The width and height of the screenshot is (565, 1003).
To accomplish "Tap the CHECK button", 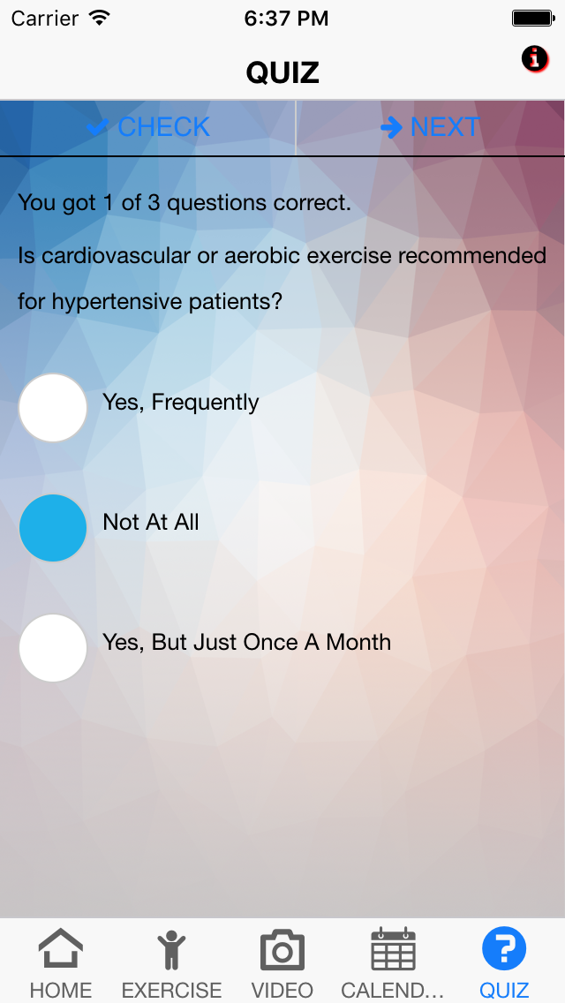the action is pyautogui.click(x=147, y=127).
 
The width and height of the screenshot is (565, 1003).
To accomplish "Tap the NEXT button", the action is pyautogui.click(x=430, y=127).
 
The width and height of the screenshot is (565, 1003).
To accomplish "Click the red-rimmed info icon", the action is pyautogui.click(x=535, y=59).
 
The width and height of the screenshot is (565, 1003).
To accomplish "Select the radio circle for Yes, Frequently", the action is pyautogui.click(x=52, y=408).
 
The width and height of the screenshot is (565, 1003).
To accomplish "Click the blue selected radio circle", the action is pyautogui.click(x=52, y=528).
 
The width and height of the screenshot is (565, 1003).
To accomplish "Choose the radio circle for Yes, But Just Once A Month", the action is pyautogui.click(x=52, y=647).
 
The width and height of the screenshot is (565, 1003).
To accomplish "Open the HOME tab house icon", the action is pyautogui.click(x=61, y=948).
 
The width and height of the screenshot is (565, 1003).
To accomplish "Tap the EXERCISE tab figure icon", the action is pyautogui.click(x=171, y=950).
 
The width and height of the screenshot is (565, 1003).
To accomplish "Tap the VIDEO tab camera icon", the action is pyautogui.click(x=282, y=950).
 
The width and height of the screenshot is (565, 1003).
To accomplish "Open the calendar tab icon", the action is pyautogui.click(x=393, y=948).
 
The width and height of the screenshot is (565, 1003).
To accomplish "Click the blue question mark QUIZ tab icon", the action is pyautogui.click(x=503, y=948).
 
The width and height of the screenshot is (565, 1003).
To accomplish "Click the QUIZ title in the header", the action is pyautogui.click(x=282, y=72).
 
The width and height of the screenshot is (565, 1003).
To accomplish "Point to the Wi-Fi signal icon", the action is pyautogui.click(x=100, y=18).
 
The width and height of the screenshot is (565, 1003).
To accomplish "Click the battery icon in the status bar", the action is pyautogui.click(x=533, y=18).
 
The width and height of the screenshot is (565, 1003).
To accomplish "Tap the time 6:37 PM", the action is pyautogui.click(x=286, y=19).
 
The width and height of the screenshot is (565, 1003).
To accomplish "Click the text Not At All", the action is pyautogui.click(x=151, y=522).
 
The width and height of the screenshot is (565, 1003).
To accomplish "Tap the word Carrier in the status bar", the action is pyautogui.click(x=45, y=18).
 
